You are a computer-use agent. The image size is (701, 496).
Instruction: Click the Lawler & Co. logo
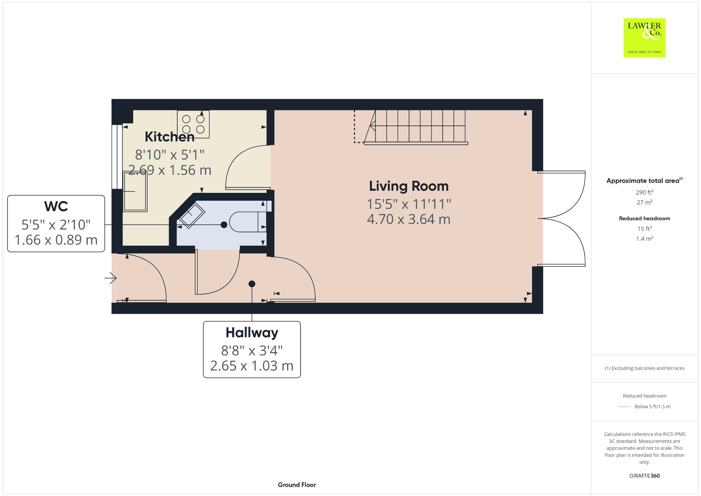tap(644, 38)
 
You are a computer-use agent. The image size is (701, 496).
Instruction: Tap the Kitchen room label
tap(169, 137)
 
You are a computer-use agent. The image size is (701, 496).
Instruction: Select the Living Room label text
tap(409, 186)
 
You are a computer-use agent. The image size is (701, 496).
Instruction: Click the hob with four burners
tap(193, 124)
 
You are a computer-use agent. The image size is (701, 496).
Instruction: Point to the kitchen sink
tap(135, 191)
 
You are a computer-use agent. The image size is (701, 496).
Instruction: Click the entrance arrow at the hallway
tap(111, 278)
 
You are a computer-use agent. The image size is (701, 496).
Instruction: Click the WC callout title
tap(56, 207)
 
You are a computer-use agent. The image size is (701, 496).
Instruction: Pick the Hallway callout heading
tap(252, 333)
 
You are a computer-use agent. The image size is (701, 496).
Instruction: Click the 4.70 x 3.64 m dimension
tap(409, 219)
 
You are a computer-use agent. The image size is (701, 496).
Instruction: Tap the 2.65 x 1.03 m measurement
tap(252, 366)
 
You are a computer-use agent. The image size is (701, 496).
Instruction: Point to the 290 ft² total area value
tap(644, 192)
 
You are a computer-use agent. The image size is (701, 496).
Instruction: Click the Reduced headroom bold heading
tap(644, 219)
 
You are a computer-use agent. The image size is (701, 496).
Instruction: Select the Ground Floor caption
tap(297, 485)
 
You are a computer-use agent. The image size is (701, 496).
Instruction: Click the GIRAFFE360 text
tap(644, 476)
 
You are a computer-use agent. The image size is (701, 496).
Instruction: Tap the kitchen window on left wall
tap(117, 157)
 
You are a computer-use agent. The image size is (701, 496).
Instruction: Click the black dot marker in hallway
tap(252, 284)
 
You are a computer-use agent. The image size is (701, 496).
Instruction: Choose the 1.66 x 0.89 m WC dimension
tap(56, 240)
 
